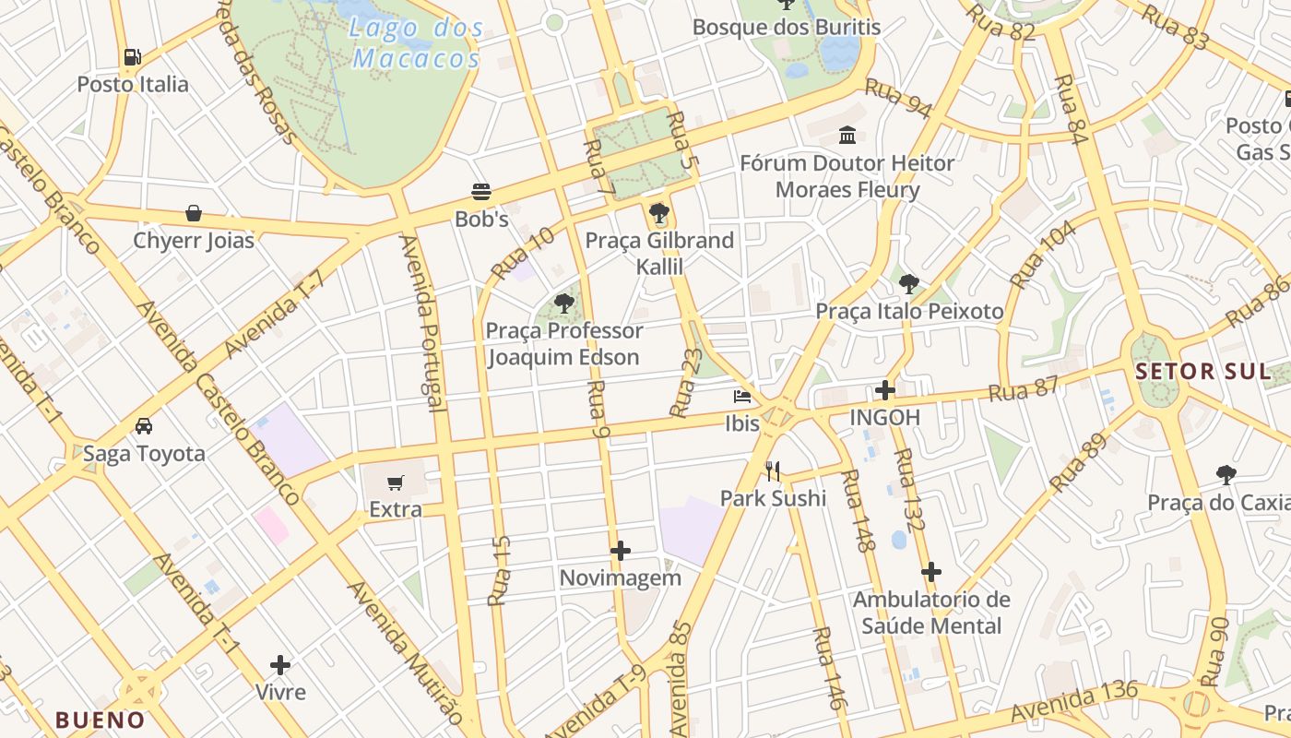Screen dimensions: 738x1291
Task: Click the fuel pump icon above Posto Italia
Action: (x=133, y=57)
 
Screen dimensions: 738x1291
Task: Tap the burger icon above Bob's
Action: (x=481, y=192)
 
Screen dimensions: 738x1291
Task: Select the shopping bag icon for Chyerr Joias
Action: (x=194, y=213)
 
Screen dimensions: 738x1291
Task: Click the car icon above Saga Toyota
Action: (x=144, y=426)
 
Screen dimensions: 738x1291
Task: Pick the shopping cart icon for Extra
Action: (x=396, y=482)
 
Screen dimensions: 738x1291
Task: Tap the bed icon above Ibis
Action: (x=741, y=397)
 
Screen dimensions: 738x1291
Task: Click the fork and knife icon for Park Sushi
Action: (x=773, y=471)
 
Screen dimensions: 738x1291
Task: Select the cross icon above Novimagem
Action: (x=621, y=551)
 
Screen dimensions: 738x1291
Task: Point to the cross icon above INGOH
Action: (x=885, y=390)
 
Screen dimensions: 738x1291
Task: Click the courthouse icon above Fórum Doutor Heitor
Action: (x=847, y=137)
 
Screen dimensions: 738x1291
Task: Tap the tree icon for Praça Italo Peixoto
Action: (x=909, y=283)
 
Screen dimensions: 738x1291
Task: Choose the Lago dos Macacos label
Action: (x=418, y=43)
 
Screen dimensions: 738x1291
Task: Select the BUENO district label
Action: (x=100, y=720)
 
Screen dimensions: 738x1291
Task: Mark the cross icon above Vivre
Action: (x=280, y=664)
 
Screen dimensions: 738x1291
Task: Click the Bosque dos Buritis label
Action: (x=787, y=27)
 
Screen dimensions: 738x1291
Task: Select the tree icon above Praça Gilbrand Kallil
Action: (x=658, y=214)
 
